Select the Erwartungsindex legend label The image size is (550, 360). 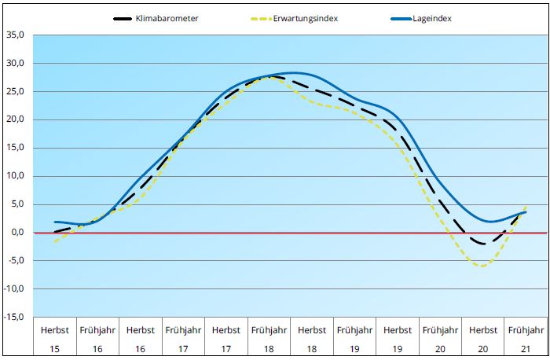(x=306, y=19)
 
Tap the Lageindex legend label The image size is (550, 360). (x=431, y=19)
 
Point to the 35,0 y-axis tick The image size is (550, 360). (x=16, y=35)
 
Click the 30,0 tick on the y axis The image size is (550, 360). (x=16, y=64)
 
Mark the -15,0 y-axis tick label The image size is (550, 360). (x=15, y=317)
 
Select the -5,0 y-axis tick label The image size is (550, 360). (x=16, y=261)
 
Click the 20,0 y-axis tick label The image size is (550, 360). (x=16, y=119)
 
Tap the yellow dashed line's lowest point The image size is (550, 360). (x=481, y=266)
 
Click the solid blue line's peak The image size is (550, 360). (x=292, y=72)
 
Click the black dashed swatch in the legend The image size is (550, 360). (x=124, y=19)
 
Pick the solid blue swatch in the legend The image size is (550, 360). (x=401, y=19)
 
